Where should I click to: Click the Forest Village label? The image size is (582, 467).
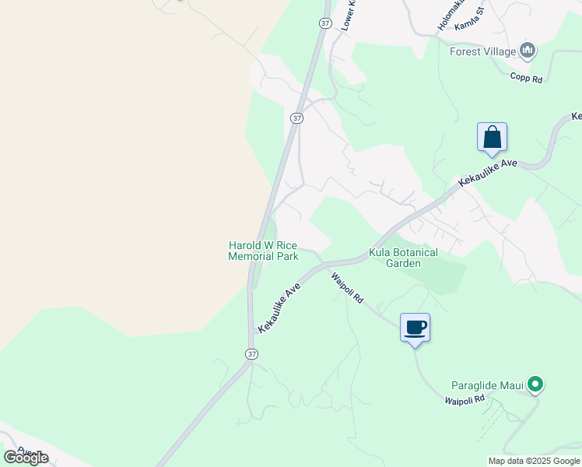[x=482, y=52]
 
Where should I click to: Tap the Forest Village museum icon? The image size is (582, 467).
[x=528, y=51]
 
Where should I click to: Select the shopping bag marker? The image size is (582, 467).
[x=492, y=138]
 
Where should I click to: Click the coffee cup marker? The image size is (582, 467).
[x=415, y=328]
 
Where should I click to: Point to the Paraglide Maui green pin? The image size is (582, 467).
[x=535, y=384]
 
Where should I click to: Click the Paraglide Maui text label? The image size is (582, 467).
[x=487, y=384]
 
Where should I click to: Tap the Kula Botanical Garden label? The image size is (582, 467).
[x=403, y=258]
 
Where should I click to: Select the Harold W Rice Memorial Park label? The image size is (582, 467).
[x=263, y=251]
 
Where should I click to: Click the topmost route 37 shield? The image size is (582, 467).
[x=325, y=23]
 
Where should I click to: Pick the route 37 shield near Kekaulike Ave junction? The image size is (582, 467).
[x=251, y=354]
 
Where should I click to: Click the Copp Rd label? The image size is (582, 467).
[x=526, y=78]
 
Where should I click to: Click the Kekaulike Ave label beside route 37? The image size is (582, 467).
[x=279, y=308]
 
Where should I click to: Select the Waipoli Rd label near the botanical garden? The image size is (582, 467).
[x=347, y=288]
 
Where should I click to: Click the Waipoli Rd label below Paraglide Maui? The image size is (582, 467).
[x=465, y=400]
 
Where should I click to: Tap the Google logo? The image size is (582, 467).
[x=26, y=458]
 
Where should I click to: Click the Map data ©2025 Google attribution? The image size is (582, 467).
[x=534, y=461]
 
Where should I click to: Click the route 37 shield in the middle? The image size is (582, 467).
[x=296, y=118]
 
